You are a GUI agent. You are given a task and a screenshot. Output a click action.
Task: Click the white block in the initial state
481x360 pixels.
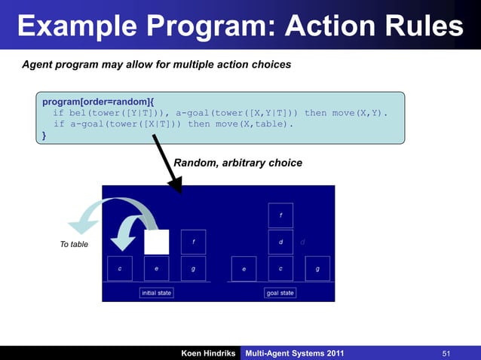coord(156,242)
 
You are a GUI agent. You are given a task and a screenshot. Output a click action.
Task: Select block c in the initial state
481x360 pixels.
coord(120,268)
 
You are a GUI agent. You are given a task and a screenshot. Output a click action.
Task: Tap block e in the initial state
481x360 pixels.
coord(156,268)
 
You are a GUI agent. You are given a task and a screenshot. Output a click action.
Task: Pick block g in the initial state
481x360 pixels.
coord(193,268)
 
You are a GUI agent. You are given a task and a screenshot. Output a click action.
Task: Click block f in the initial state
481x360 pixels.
coord(193,242)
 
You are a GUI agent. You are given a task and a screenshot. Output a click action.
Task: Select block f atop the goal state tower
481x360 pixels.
coord(280,215)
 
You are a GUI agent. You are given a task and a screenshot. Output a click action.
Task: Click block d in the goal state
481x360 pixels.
coord(280,242)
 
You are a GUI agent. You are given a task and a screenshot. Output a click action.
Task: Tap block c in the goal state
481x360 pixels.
coord(280,268)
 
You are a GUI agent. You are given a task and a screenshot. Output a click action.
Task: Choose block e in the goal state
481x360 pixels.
coord(244,268)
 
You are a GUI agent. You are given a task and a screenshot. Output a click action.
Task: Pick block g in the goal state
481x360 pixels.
coord(317,268)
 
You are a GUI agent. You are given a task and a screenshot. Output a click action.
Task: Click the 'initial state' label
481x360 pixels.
coord(156,292)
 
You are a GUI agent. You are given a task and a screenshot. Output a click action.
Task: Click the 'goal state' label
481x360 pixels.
coord(280,292)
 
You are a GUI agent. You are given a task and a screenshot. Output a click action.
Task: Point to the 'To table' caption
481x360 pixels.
coord(74,244)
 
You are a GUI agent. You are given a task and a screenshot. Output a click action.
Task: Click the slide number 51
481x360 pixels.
coord(446,353)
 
